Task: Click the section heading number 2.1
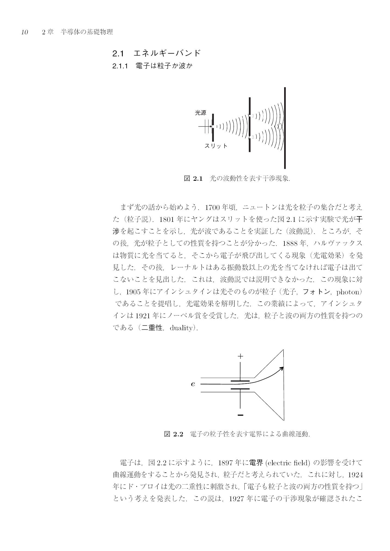118,53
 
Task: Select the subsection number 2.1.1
120,66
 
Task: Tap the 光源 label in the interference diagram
201,113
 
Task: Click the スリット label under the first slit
216,146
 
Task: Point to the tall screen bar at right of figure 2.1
285,128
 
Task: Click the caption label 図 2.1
194,179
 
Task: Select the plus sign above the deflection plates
240,356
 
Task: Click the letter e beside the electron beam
193,384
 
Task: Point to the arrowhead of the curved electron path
282,368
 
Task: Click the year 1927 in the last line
236,499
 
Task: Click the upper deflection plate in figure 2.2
240,381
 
